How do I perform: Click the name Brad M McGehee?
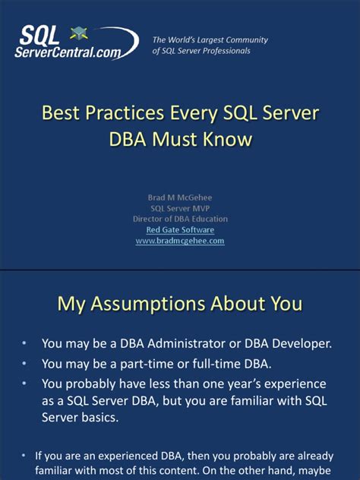click(x=180, y=197)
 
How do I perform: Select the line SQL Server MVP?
click(x=180, y=208)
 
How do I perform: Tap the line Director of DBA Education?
click(x=180, y=219)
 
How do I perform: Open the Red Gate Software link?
click(x=180, y=229)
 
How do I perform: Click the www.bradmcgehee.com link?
click(x=180, y=241)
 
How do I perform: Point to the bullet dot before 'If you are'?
click(x=24, y=456)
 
